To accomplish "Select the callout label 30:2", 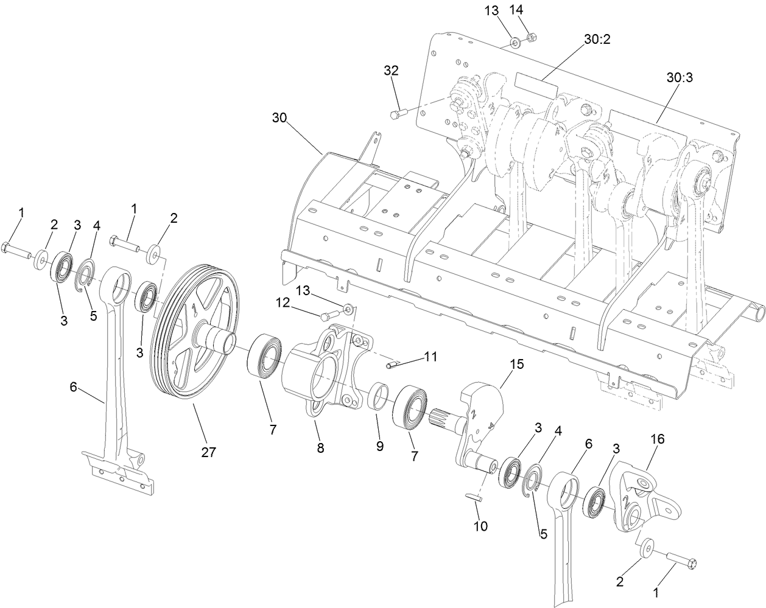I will (597, 39).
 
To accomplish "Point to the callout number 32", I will (391, 71).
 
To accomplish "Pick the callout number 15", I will (516, 364).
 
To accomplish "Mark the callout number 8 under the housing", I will (320, 448).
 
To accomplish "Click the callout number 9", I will (379, 446).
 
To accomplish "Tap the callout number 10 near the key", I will (481, 526).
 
